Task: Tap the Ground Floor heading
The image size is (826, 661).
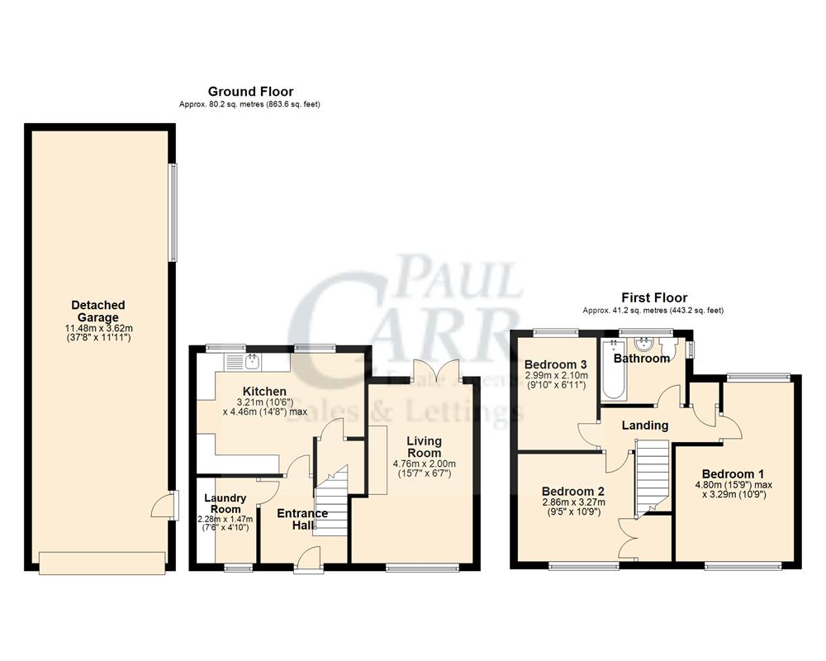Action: tap(250, 92)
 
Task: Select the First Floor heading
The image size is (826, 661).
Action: tap(653, 297)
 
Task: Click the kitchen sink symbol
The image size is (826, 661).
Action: tap(252, 361)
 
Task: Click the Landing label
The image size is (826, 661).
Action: tap(645, 426)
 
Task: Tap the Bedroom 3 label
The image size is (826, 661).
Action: tap(556, 364)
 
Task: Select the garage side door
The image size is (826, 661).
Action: tap(169, 504)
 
